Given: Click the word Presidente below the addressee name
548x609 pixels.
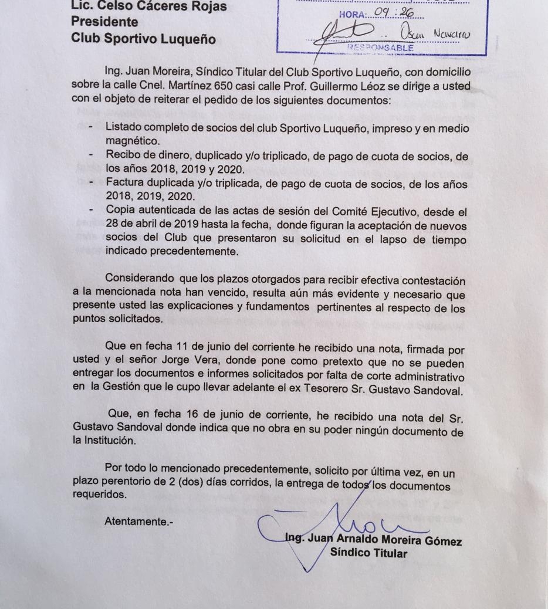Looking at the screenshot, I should (x=104, y=22).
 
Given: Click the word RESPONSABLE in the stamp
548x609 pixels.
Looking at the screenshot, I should (x=381, y=48).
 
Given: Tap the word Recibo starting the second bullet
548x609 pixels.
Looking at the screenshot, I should (x=123, y=155).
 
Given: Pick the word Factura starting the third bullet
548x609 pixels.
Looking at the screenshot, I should (x=124, y=184).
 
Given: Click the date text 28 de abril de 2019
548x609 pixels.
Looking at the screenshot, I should (x=154, y=225).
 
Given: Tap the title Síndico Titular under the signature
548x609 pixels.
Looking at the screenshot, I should (x=368, y=552).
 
